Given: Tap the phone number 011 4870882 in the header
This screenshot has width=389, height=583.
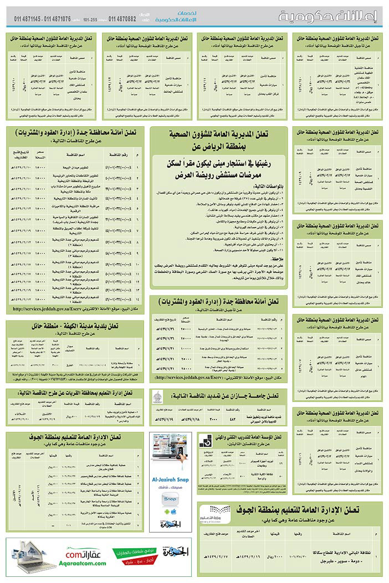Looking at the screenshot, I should (x=125, y=19).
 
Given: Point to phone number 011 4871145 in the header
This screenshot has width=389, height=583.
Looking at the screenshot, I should (x=28, y=19).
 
